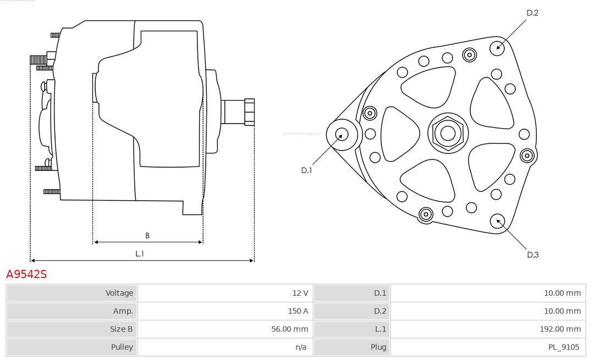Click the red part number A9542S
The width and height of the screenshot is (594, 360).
point(26,274)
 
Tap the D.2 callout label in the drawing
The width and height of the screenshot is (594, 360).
point(532,13)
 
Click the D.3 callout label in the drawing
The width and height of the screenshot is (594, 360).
point(532,254)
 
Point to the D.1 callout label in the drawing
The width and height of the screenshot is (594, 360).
point(306,170)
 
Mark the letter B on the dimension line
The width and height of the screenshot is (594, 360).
point(147,235)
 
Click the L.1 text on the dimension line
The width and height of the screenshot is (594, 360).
point(140,253)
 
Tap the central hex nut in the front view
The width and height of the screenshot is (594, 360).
point(448,132)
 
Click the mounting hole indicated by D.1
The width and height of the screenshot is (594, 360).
point(342,134)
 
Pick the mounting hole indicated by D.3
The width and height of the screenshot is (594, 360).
point(497,221)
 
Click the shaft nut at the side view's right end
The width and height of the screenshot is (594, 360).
point(249,112)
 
